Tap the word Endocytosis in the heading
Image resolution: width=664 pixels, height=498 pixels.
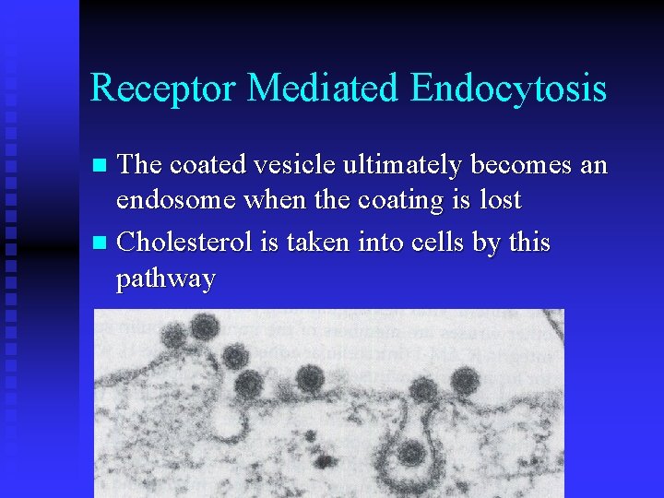tap(508, 89)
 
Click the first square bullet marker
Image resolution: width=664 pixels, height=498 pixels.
tap(102, 167)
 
